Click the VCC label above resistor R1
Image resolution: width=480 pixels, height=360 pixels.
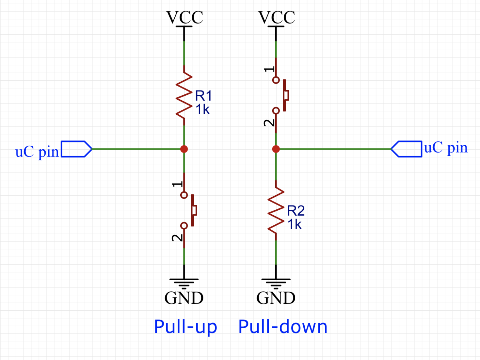click(184, 17)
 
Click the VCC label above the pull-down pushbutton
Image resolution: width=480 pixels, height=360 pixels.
click(276, 17)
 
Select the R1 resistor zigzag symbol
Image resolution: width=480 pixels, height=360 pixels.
click(184, 95)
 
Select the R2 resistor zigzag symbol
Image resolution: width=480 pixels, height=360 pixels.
click(276, 210)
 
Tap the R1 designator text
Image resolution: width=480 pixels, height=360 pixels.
click(203, 96)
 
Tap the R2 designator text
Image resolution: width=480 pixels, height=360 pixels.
click(296, 211)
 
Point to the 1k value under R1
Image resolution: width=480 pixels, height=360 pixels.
click(202, 110)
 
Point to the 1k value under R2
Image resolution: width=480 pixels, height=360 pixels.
click(294, 225)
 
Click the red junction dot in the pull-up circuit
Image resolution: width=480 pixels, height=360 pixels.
click(184, 149)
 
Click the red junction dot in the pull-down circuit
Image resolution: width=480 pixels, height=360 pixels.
click(276, 149)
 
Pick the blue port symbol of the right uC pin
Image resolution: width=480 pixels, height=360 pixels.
click(407, 149)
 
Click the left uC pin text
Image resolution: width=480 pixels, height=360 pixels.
click(37, 152)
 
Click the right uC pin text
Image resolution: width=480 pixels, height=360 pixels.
click(446, 147)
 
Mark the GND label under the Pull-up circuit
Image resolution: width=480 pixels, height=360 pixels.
click(184, 298)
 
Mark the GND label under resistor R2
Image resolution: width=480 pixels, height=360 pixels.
click(276, 298)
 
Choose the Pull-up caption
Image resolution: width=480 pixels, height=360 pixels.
click(185, 327)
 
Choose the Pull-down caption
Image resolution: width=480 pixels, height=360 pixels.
click(283, 327)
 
